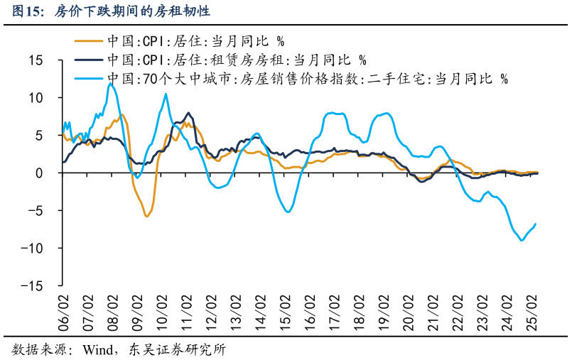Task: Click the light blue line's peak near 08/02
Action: tap(111, 84)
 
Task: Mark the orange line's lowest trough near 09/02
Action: tap(146, 216)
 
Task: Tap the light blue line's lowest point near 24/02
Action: tap(522, 240)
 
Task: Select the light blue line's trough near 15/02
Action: tap(288, 212)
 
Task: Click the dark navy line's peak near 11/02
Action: tap(188, 112)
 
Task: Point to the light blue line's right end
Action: tap(535, 224)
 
